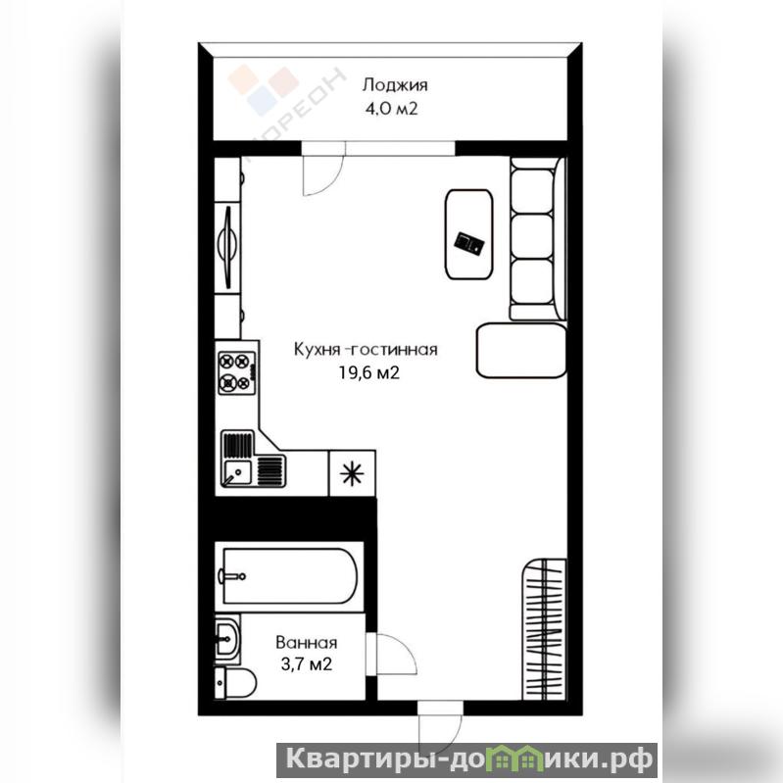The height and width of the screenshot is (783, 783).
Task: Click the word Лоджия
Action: click(395, 85)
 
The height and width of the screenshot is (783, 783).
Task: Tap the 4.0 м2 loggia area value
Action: click(391, 109)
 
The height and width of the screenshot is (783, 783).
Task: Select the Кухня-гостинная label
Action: click(366, 350)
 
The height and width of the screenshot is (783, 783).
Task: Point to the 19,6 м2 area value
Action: click(369, 372)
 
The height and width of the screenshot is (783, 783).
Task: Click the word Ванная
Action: click(306, 642)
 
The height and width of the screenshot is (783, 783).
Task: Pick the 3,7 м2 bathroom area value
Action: click(306, 664)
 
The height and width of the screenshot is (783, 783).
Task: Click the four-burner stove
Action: click(237, 372)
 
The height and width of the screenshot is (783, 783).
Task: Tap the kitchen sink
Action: click(253, 459)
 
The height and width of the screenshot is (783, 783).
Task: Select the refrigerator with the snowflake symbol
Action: click(352, 473)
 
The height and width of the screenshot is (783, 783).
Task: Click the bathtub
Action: click(290, 577)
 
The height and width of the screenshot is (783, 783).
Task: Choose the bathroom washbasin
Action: click(227, 639)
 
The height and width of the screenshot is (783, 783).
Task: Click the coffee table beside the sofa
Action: click(468, 234)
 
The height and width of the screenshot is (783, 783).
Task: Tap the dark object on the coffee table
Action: click(469, 243)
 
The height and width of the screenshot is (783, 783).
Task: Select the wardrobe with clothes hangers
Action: click(544, 630)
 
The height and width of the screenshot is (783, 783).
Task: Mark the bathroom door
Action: click(392, 655)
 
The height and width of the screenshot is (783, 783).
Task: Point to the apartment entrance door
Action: click(440, 726)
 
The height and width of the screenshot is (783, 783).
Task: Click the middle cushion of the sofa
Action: click(533, 237)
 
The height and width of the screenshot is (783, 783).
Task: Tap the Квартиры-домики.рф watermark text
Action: click(467, 760)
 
